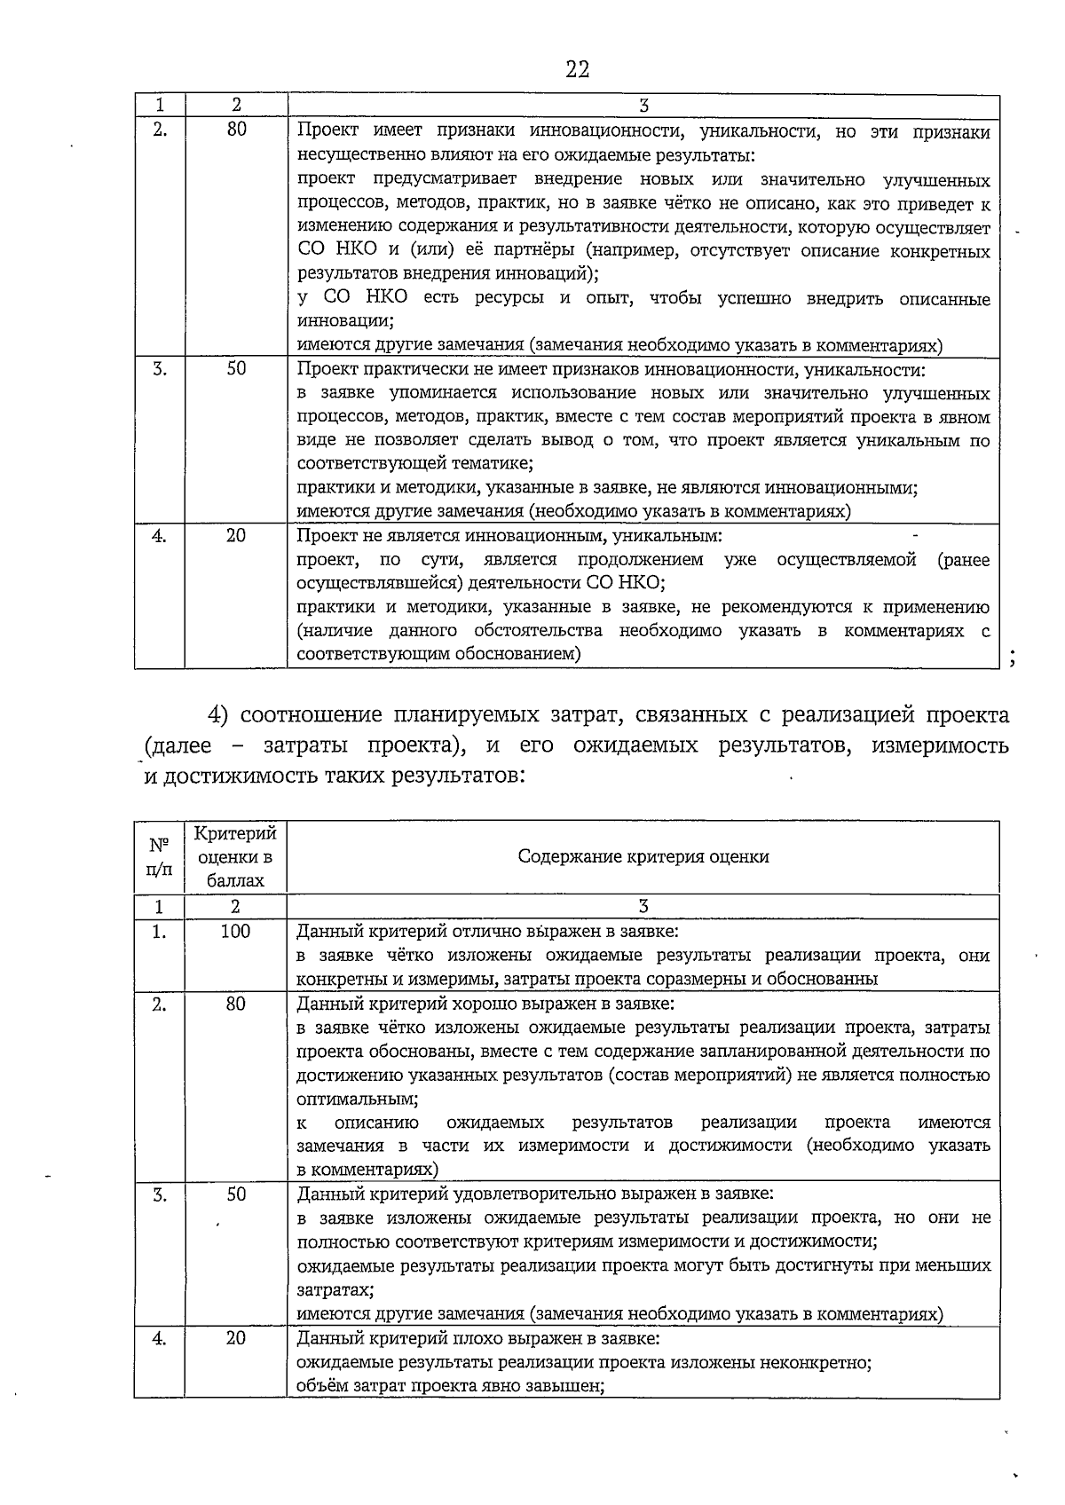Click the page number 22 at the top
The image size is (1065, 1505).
pyautogui.click(x=577, y=69)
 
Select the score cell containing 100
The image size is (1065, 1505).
pyautogui.click(x=235, y=931)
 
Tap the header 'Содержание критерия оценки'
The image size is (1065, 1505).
pyautogui.click(x=643, y=856)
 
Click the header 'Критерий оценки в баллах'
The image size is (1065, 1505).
pyautogui.click(x=235, y=856)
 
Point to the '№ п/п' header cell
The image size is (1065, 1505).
pyautogui.click(x=159, y=856)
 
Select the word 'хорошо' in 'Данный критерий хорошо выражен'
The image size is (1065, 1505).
pyautogui.click(x=484, y=1004)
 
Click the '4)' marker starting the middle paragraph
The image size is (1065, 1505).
pyautogui.click(x=220, y=715)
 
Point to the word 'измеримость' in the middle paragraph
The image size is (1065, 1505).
pyautogui.click(x=940, y=745)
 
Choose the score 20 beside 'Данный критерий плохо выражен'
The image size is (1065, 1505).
pyautogui.click(x=235, y=1337)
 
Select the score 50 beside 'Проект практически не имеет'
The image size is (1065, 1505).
pyautogui.click(x=235, y=369)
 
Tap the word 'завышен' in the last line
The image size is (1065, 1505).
pyautogui.click(x=573, y=1385)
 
